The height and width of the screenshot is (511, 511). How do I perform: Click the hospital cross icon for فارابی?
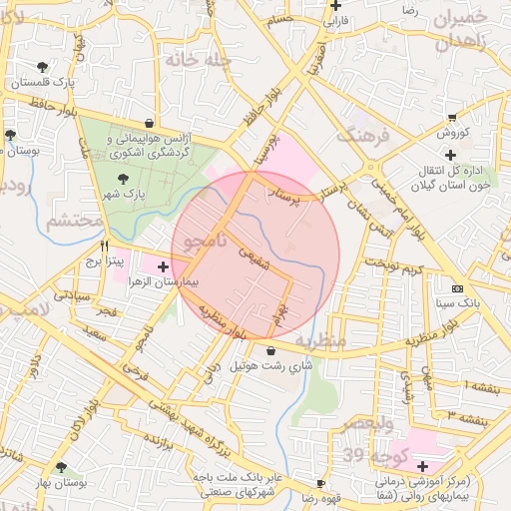coord(336,4)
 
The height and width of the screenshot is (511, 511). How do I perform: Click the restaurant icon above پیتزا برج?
coord(104,244)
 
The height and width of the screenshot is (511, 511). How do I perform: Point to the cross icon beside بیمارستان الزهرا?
coord(163,266)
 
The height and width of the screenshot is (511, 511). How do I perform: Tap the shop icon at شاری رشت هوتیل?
coord(272,350)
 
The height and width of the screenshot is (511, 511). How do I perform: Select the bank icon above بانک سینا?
coord(458,289)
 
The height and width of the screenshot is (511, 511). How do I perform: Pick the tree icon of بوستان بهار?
coord(63,466)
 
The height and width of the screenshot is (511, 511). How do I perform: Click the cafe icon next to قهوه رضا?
coord(321,483)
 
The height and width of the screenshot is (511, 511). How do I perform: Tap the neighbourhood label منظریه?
coord(346,340)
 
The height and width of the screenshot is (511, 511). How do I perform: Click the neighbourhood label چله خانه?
coord(198,60)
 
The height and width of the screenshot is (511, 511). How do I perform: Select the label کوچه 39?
coord(365,455)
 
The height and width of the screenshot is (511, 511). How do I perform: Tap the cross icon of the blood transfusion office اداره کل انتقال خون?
coord(451,155)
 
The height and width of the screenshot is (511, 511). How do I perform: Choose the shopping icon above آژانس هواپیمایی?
coord(149,125)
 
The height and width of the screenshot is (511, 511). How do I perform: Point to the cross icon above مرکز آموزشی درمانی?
coord(423,466)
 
